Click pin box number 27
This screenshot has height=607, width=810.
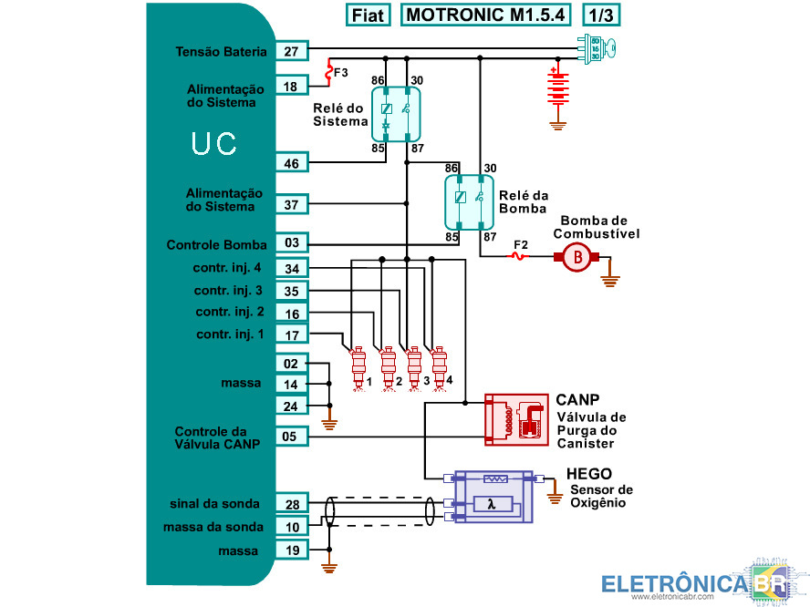291,52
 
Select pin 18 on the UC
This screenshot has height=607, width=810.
291,87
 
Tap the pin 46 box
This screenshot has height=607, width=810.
291,164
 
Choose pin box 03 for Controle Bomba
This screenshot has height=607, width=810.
291,243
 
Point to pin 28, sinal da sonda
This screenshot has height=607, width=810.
291,504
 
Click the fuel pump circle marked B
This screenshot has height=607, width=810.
576,258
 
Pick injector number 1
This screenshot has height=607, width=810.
358,365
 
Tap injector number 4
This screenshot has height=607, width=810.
440,365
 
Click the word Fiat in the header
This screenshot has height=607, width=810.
369,15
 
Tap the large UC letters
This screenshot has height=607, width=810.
214,144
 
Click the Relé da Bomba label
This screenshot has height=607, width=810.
524,202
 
